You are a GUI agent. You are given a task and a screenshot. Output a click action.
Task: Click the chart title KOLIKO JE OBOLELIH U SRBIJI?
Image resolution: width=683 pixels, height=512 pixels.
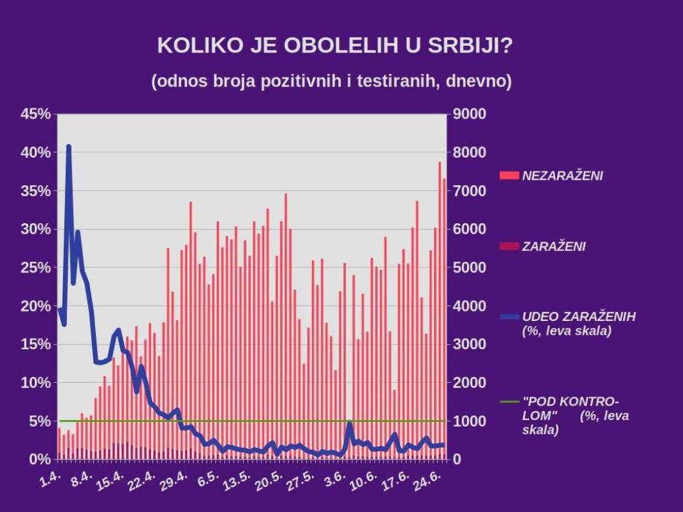click(x=334, y=47)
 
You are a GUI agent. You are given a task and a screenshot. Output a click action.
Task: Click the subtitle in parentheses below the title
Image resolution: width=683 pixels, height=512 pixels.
click(x=331, y=81)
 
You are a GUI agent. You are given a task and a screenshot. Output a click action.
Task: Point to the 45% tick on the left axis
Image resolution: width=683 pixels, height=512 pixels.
click(x=35, y=114)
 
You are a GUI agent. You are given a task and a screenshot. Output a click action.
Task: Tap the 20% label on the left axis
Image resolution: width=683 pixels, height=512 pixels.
click(x=35, y=306)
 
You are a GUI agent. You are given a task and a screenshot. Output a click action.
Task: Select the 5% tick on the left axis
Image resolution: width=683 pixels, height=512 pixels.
click(x=39, y=421)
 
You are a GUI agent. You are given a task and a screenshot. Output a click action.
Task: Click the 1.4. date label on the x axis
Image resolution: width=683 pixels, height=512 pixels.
click(x=51, y=477)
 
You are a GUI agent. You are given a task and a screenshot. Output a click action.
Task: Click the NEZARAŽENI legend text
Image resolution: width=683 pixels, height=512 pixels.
click(x=562, y=176)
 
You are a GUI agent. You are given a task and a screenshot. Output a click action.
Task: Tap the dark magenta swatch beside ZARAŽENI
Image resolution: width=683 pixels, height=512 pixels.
click(x=509, y=247)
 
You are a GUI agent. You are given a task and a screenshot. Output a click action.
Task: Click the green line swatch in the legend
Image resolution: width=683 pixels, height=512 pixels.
click(x=509, y=401)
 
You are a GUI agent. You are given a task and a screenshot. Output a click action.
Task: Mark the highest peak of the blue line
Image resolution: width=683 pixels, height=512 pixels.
click(x=68, y=146)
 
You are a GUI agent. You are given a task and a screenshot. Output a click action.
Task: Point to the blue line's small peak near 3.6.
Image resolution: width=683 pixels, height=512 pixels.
click(x=349, y=423)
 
